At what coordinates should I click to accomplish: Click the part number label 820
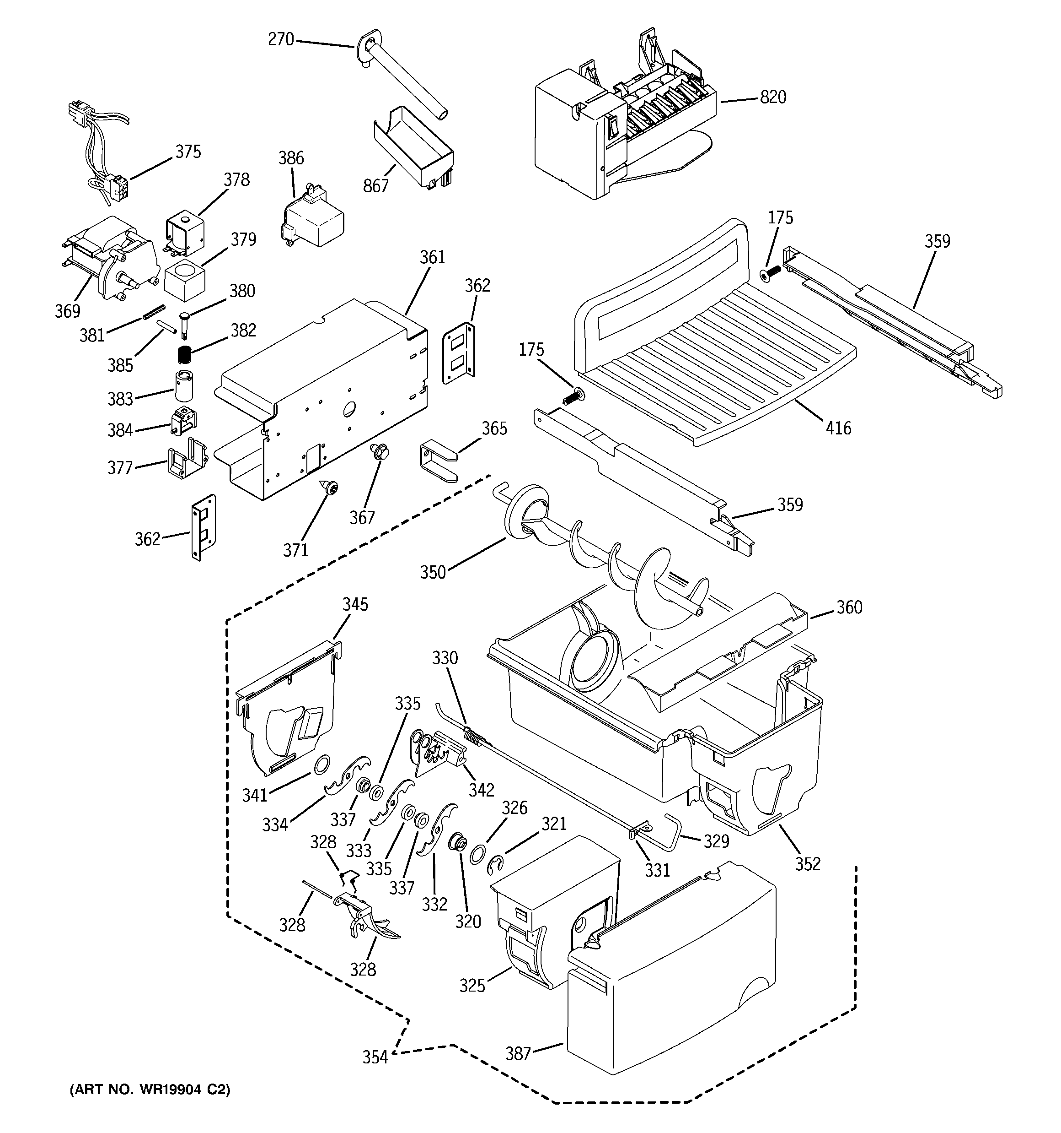[x=773, y=98]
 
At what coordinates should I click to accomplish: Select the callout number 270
[x=281, y=39]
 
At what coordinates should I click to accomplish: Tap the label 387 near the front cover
[x=518, y=1054]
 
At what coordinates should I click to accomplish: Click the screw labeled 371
[x=329, y=487]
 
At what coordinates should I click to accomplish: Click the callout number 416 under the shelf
[x=838, y=428]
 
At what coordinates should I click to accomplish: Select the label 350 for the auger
[x=433, y=572]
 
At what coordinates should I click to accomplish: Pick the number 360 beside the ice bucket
[x=849, y=607]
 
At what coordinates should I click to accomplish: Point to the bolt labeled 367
[x=377, y=451]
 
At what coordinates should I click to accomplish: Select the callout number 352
[x=808, y=864]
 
